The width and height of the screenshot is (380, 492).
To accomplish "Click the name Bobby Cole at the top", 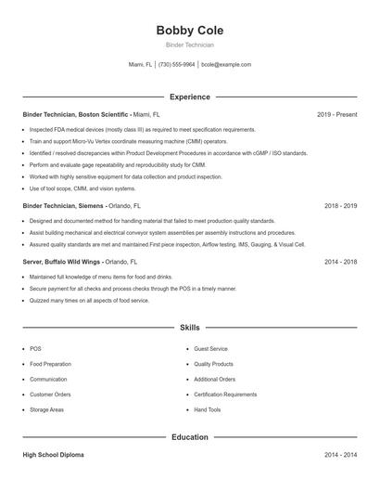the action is click(x=189, y=30).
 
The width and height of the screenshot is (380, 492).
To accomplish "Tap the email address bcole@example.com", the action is click(x=226, y=65).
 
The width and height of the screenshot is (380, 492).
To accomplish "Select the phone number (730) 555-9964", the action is click(x=176, y=65).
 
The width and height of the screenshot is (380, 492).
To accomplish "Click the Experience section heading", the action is click(x=189, y=97).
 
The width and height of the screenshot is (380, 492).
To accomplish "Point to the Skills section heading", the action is click(x=189, y=328).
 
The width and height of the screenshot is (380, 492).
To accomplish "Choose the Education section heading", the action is click(x=189, y=436).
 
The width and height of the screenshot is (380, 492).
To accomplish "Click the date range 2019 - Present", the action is click(x=336, y=114).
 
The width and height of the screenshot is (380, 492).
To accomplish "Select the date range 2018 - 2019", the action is click(x=340, y=205).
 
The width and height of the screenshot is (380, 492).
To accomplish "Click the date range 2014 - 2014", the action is click(x=340, y=455).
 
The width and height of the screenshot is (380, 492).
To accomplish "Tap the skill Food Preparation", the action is click(x=50, y=364).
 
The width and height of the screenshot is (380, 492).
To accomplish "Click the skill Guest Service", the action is click(x=210, y=349).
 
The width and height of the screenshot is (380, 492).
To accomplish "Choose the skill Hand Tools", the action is click(x=208, y=409).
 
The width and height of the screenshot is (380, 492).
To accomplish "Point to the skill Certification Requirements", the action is click(x=225, y=395).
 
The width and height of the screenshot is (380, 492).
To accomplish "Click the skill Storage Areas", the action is click(x=46, y=409).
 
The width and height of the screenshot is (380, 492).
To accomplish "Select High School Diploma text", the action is click(x=53, y=455).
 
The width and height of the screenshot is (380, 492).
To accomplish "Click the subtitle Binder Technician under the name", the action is click(x=189, y=45).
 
